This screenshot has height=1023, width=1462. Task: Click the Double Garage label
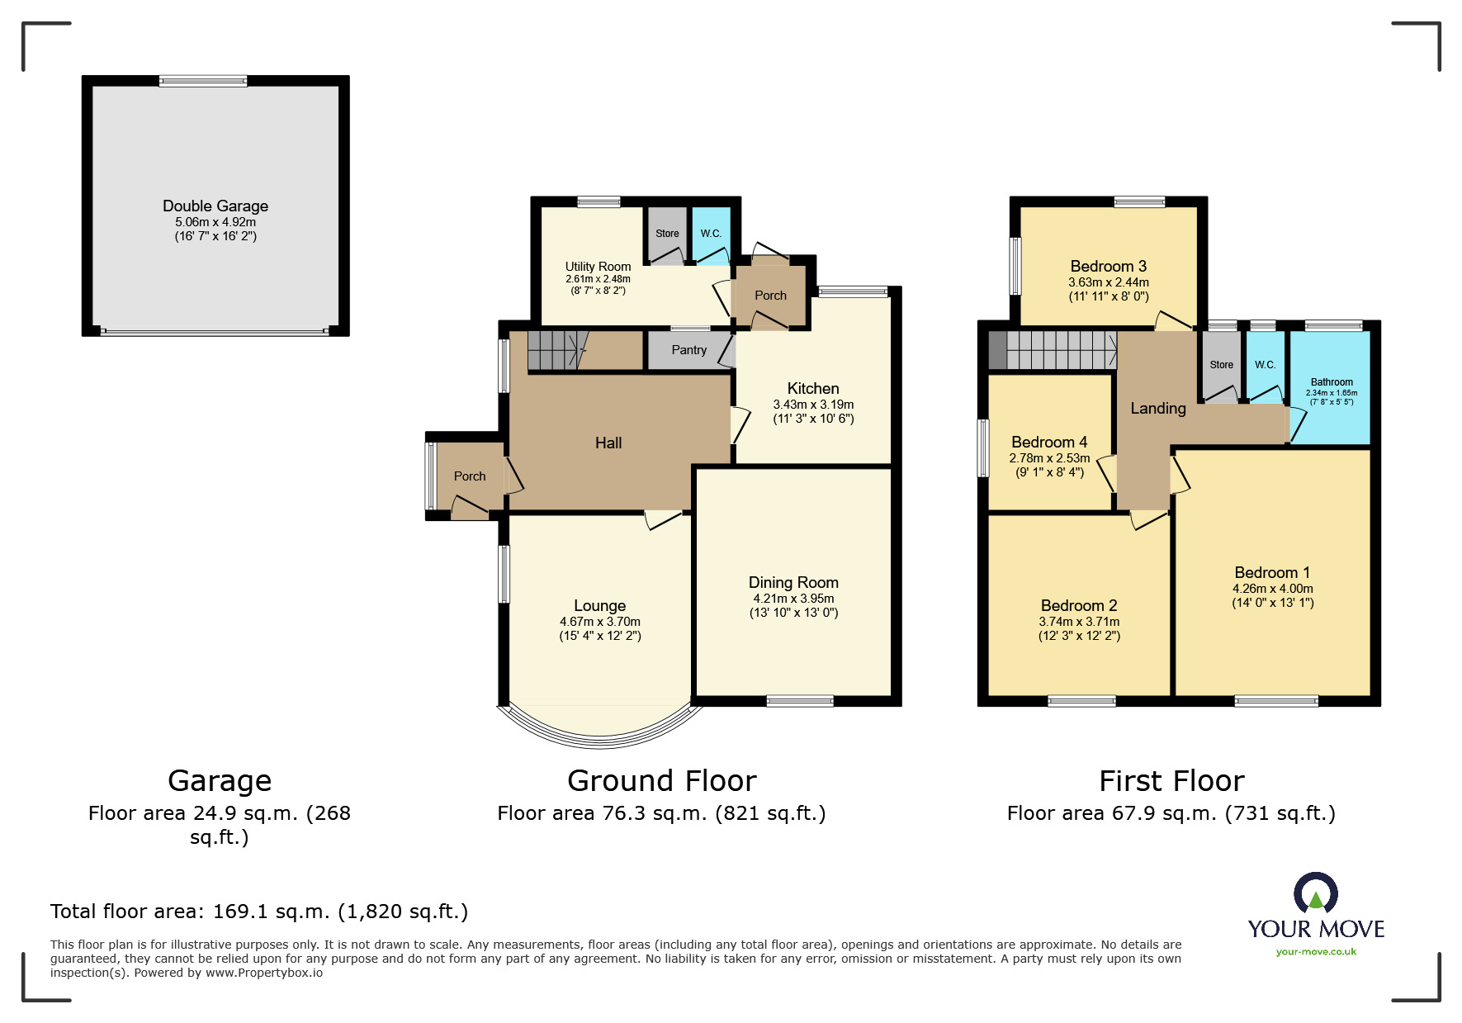coord(215,206)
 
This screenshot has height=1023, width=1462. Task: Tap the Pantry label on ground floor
coord(688,350)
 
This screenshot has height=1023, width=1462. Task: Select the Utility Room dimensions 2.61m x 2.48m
coord(598,279)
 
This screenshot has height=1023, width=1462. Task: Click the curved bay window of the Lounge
coord(600,732)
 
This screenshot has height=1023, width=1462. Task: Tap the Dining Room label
coord(793,582)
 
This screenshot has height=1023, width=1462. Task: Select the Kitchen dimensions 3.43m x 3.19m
coord(813,405)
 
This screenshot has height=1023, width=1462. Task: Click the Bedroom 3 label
coord(1108,266)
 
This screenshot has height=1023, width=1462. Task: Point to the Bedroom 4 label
coord(1049,442)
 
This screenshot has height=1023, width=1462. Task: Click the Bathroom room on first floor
coord(1331,388)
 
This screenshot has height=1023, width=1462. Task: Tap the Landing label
coord(1157,408)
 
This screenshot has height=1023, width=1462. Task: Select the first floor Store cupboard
coord(1221,365)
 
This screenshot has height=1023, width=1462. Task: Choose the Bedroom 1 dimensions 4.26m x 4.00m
coord(1272,589)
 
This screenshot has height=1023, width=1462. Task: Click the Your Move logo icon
coord(1315,893)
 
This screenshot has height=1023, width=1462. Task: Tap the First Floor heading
coord(1171,780)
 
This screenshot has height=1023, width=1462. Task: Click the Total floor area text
coord(259,912)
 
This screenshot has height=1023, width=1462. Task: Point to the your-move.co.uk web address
coord(1316,952)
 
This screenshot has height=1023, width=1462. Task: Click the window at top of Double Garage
coord(203,81)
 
